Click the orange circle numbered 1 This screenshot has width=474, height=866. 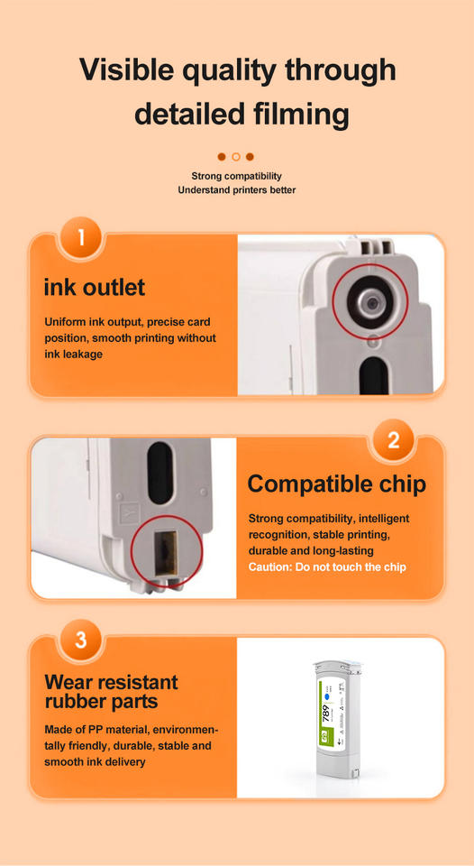point(81,237)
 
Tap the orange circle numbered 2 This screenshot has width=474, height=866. point(393,440)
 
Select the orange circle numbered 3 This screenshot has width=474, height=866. point(81,640)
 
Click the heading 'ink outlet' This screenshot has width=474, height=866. point(95,287)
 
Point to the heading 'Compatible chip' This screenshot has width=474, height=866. point(337,484)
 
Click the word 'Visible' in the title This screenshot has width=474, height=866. point(133,69)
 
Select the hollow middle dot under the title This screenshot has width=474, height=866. point(236,157)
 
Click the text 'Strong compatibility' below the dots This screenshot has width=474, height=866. point(236,176)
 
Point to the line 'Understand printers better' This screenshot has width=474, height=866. point(236,190)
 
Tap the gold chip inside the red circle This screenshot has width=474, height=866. point(166,553)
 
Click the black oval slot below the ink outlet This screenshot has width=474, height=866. point(375,375)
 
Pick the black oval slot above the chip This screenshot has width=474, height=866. point(160,465)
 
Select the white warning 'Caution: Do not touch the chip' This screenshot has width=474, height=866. point(327,567)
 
